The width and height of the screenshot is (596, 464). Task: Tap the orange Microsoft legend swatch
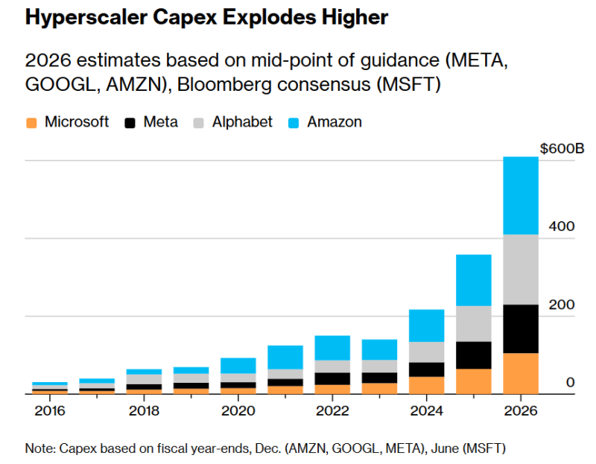click(32, 122)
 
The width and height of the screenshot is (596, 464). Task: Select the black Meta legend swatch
click(132, 122)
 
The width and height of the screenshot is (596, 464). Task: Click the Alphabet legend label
click(244, 122)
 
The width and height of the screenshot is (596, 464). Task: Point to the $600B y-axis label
click(562, 148)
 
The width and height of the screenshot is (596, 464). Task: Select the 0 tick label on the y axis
click(570, 383)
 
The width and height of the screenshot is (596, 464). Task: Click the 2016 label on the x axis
click(49, 410)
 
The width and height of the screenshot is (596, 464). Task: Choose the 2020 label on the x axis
click(238, 410)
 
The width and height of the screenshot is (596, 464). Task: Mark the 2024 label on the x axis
click(426, 410)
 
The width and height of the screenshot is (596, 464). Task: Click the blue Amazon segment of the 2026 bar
click(521, 195)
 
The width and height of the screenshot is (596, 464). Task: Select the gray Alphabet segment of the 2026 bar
click(521, 270)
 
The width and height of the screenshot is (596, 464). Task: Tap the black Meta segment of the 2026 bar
click(521, 328)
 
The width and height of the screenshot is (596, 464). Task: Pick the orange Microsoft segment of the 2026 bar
click(521, 373)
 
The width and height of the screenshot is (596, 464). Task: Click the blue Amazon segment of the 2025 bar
click(473, 280)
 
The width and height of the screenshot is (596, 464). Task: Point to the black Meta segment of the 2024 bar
click(426, 369)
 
